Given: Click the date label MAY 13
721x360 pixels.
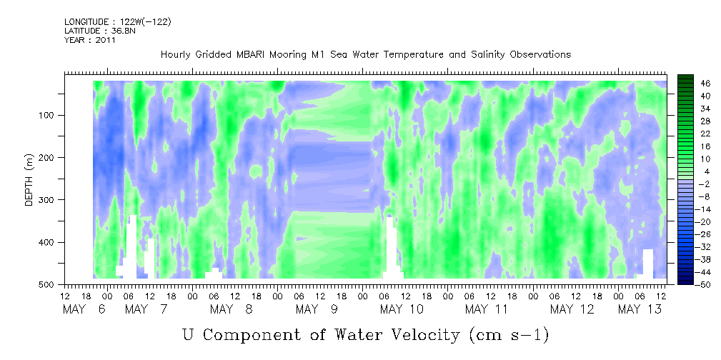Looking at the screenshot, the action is coord(640,309).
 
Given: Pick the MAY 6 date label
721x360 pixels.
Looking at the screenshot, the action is coord(85,309).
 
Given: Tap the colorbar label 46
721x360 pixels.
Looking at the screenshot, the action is coord(693,84).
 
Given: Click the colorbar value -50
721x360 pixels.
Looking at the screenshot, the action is coord(692,284).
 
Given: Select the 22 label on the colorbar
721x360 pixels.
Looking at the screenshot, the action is coord(693,136).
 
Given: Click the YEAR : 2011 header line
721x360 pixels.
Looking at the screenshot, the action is coord(89,40).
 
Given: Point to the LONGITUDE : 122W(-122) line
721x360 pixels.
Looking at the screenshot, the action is coord(118,21).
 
